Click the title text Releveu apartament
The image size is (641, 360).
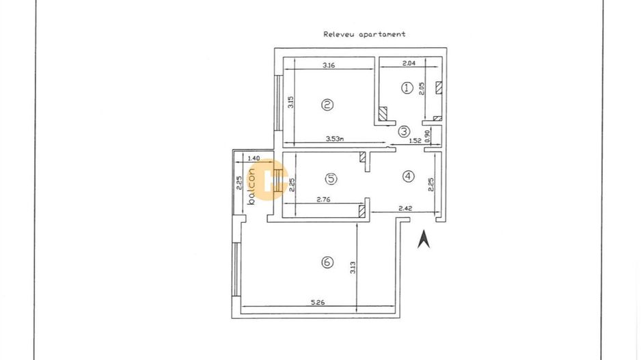[x=364, y=33]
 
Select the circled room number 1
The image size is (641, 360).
[x=407, y=87]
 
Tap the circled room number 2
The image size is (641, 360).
[x=328, y=105]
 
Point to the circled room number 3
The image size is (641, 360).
[x=404, y=131]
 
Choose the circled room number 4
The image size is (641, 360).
[x=408, y=176]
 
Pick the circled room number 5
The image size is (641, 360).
[x=331, y=179]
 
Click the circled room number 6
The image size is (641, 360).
[x=328, y=262]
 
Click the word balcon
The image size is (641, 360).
[x=251, y=185]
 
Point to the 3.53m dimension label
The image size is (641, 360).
[x=335, y=139]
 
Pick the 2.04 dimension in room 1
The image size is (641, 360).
[x=409, y=64]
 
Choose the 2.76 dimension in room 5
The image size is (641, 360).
[x=324, y=200]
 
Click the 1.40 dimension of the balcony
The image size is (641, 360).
[x=254, y=158]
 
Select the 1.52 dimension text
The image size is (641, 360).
[x=414, y=141]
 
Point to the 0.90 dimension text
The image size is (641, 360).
[x=427, y=135]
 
